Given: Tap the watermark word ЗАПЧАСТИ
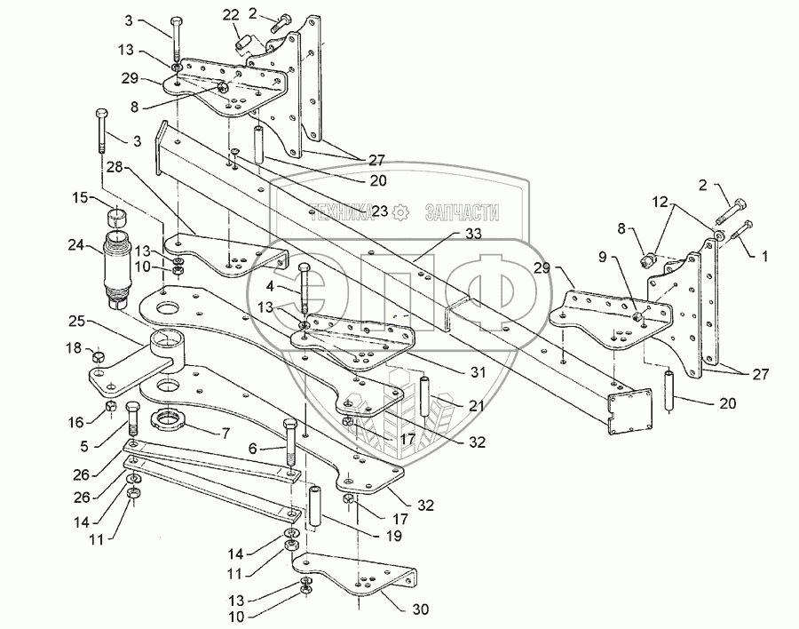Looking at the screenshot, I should pos(461,212).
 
